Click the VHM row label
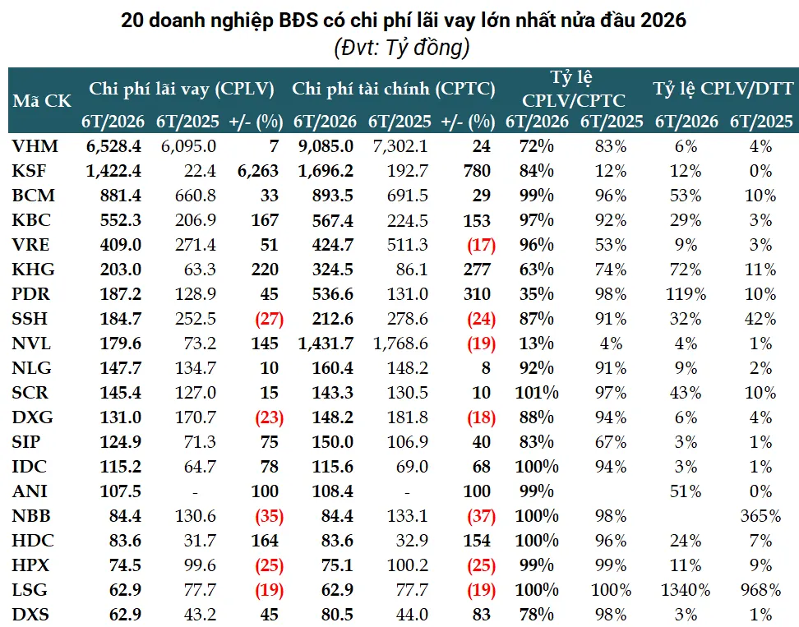click(x=35, y=146)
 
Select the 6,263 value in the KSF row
click(x=258, y=171)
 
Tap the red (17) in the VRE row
click(x=481, y=245)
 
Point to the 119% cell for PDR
click(x=686, y=294)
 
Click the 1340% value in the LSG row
click(x=686, y=590)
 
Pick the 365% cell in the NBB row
click(x=760, y=516)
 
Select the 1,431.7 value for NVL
click(x=326, y=343)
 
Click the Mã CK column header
click(x=42, y=101)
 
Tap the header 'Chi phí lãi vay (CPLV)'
click(x=182, y=89)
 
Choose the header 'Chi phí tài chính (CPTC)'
click(x=394, y=89)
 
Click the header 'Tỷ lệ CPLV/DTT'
click(x=723, y=89)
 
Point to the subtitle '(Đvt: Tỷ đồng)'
click(x=402, y=48)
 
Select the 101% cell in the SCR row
click(x=537, y=393)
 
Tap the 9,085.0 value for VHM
click(x=326, y=146)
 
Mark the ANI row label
click(x=30, y=491)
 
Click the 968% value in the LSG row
click(x=760, y=590)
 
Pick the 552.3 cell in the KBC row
click(x=121, y=220)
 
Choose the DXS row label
click(x=30, y=615)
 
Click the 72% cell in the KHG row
click(x=686, y=270)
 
